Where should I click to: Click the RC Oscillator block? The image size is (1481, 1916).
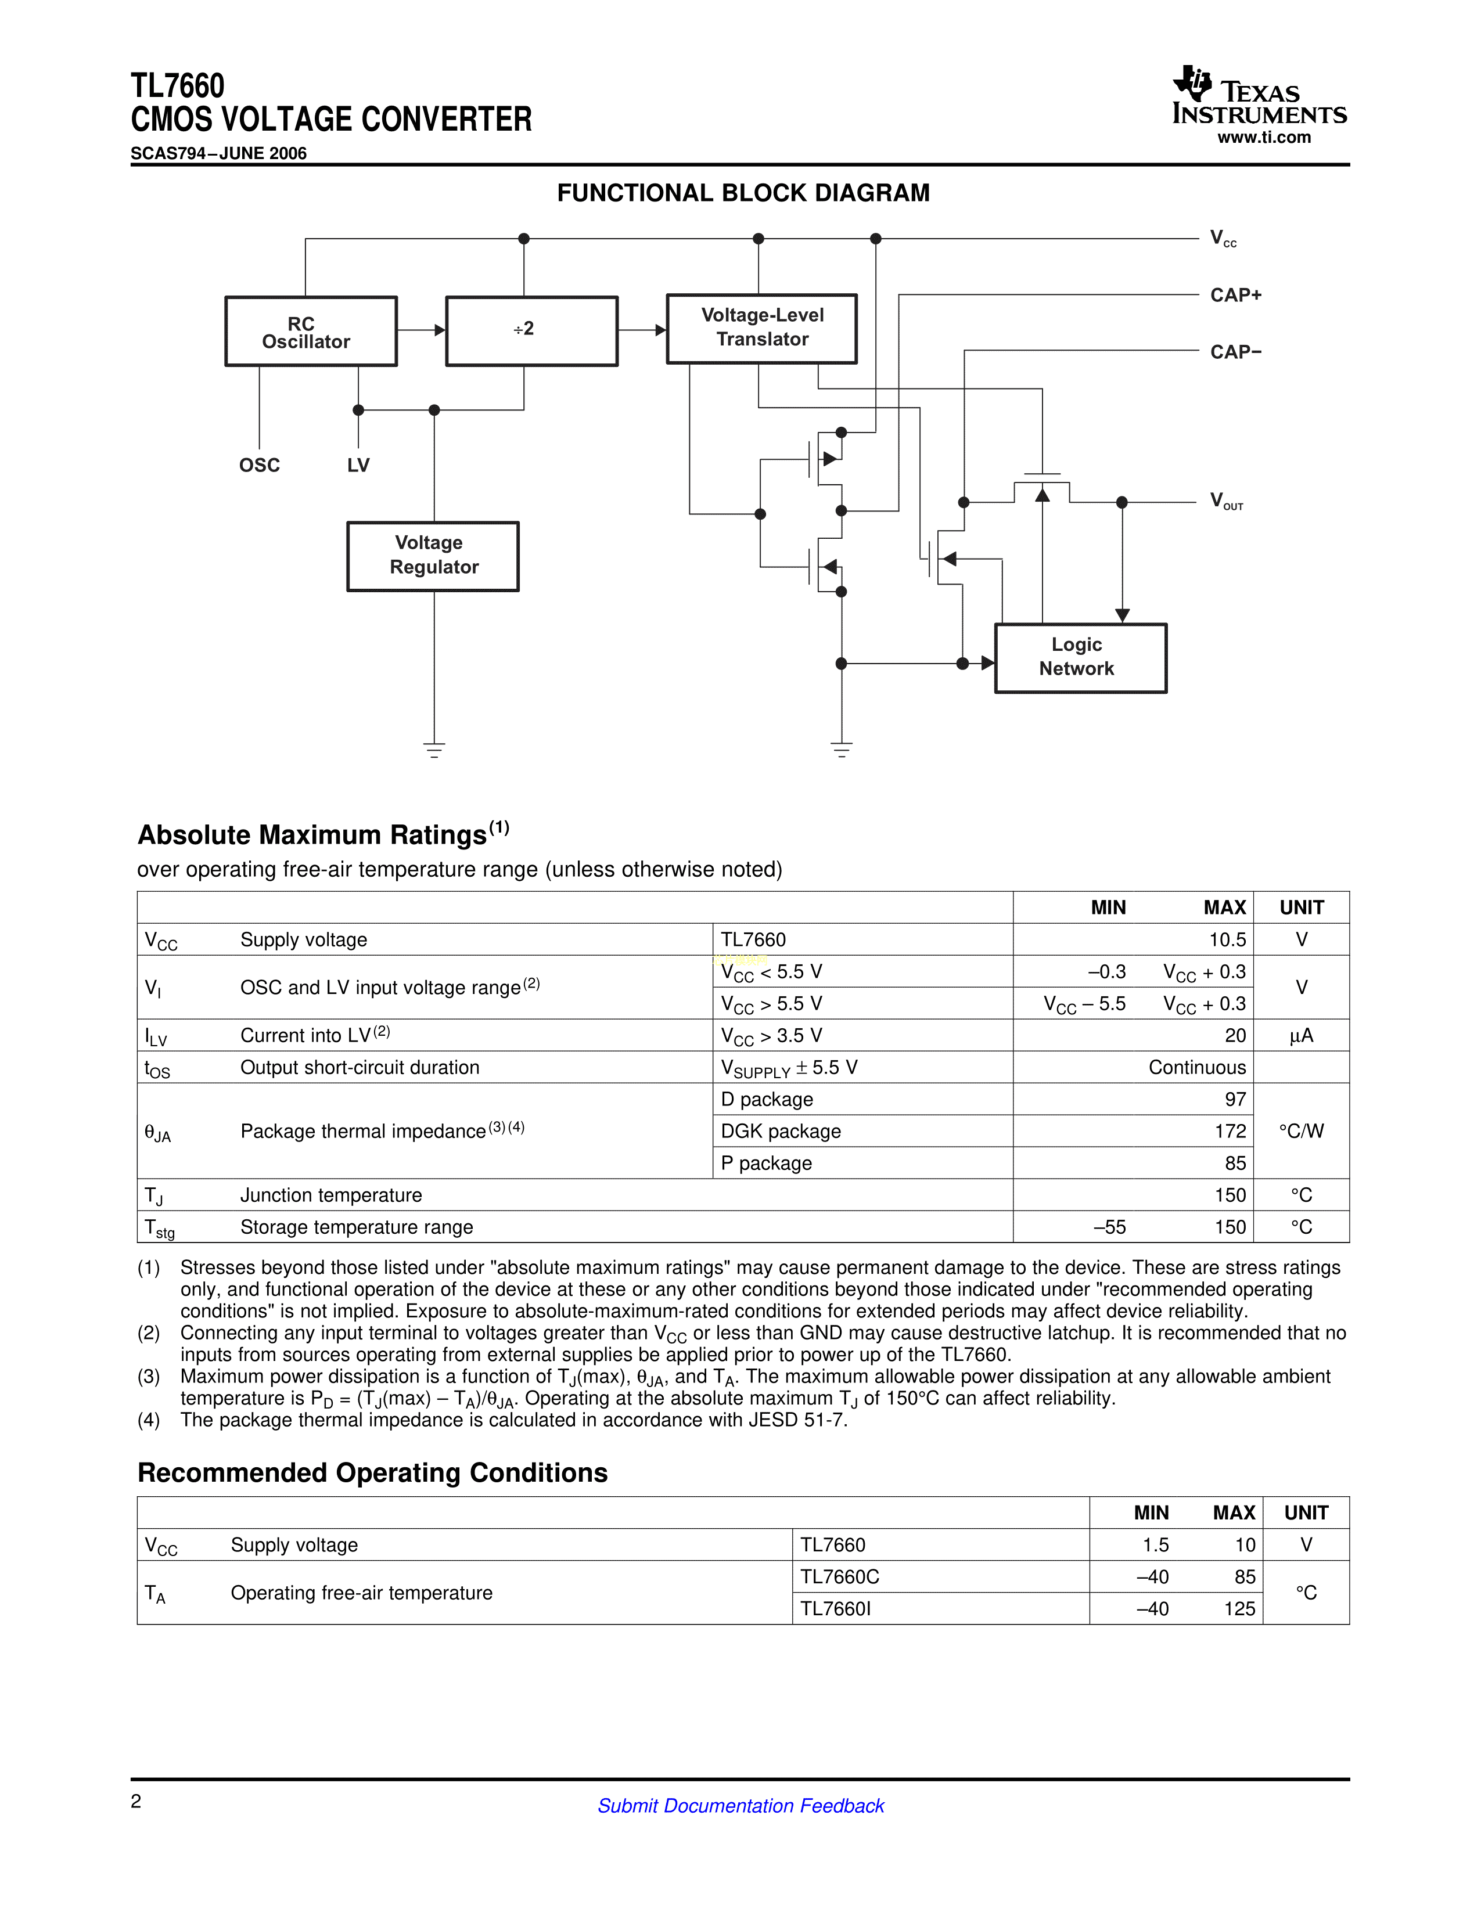click(311, 332)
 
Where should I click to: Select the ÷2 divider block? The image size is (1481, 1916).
click(531, 331)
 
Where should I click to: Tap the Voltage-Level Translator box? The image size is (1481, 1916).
click(761, 328)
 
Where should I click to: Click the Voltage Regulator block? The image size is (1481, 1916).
click(433, 556)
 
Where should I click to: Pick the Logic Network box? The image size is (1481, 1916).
click(1080, 657)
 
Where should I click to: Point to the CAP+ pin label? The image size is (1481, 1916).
click(1235, 296)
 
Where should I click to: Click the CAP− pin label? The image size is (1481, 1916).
click(1235, 352)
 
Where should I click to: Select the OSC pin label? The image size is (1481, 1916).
click(260, 466)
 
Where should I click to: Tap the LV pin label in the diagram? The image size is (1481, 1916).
click(358, 466)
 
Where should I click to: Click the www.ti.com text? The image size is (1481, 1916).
click(1263, 138)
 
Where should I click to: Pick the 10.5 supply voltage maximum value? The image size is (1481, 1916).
click(1227, 939)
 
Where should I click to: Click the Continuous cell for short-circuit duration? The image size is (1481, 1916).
click(1197, 1068)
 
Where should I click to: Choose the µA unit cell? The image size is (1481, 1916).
click(1301, 1036)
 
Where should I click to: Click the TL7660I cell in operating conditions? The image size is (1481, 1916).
click(835, 1609)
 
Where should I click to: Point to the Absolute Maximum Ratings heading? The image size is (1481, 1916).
click(312, 835)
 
